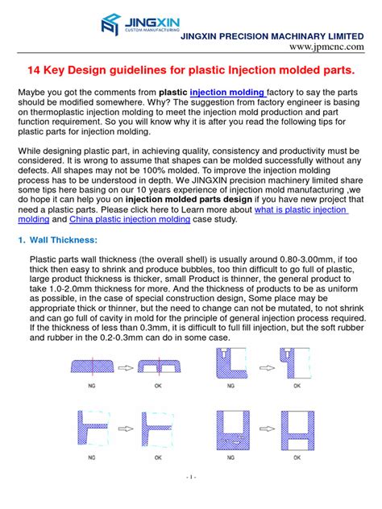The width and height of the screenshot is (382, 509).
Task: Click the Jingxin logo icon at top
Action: pyautogui.click(x=111, y=23)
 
